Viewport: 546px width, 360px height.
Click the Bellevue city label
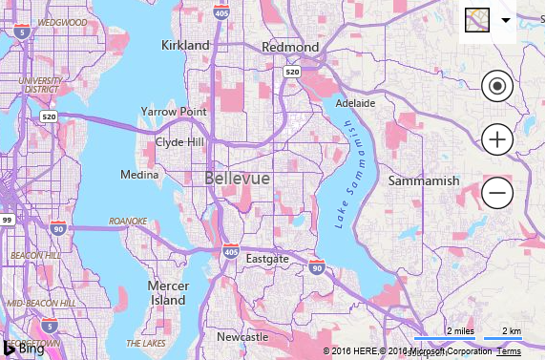click(237, 179)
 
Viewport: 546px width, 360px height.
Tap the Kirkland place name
click(185, 46)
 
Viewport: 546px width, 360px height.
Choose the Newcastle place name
click(242, 337)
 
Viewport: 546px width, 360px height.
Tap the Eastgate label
click(266, 259)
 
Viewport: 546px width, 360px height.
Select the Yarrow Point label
click(173, 112)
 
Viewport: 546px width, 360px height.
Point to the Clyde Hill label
click(179, 142)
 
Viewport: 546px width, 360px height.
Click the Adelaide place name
click(355, 102)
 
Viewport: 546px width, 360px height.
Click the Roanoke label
click(128, 221)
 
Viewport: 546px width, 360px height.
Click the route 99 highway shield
click(7, 220)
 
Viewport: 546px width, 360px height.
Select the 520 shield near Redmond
click(292, 72)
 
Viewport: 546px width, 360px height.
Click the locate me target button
click(497, 87)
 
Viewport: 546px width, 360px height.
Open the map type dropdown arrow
click(505, 20)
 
